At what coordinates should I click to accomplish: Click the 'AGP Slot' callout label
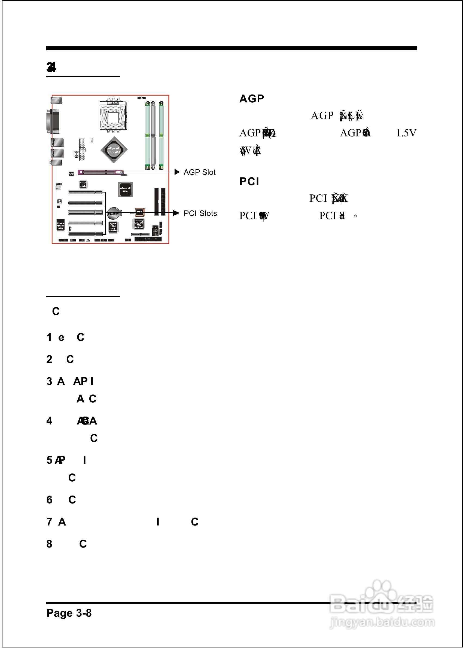pos(199,172)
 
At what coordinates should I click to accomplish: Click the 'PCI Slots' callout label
pos(200,213)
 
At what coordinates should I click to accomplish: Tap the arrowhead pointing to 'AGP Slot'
pos(177,172)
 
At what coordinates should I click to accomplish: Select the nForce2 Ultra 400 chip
pos(114,150)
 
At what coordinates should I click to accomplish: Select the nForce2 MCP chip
pos(125,189)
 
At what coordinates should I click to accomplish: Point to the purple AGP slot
pos(100,172)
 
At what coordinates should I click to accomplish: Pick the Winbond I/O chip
pos(60,225)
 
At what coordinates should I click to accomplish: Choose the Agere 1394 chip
pos(113,227)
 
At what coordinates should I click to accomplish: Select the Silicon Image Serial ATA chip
pos(139,224)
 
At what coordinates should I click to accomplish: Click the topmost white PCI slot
pos(85,192)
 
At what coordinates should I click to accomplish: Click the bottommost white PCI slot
pos(85,234)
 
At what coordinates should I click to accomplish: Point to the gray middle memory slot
pos(153,136)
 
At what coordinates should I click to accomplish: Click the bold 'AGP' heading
pos(252,99)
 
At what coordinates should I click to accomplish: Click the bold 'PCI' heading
pos(249,182)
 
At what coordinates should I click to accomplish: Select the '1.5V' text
pos(406,133)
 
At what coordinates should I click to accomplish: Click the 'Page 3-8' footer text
pos(69,613)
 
